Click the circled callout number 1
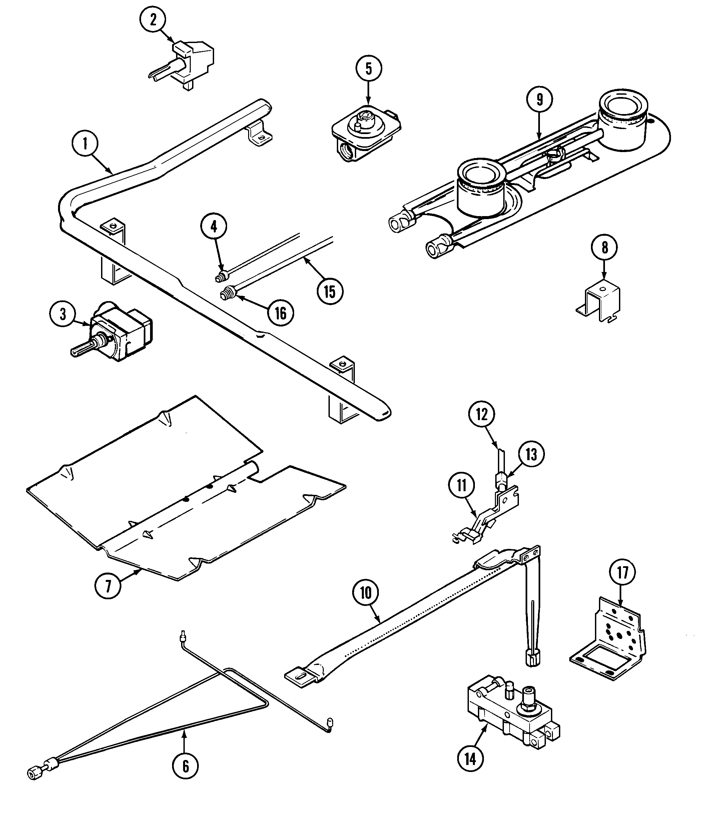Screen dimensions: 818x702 (x=85, y=144)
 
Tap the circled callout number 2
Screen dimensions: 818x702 (x=153, y=19)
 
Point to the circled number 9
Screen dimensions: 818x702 (x=540, y=99)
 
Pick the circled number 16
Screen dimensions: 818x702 (x=280, y=313)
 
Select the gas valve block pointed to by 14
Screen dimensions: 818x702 (x=513, y=715)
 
